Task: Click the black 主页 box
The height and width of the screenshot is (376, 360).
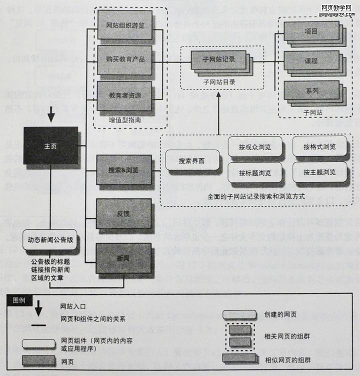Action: coord(50,145)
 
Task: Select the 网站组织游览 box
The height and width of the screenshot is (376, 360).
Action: coord(125,25)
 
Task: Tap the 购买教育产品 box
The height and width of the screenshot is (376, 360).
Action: coord(125,60)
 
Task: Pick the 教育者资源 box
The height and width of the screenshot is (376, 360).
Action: coord(125,95)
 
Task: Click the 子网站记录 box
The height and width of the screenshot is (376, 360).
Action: coord(218,60)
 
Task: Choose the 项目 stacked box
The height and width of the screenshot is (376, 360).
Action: coord(311,31)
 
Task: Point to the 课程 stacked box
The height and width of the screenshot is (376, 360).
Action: coord(311,61)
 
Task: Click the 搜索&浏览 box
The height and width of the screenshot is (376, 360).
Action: coord(123,170)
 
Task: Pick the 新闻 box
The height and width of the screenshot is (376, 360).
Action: coord(123,258)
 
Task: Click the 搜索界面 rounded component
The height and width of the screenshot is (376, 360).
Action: coord(191,162)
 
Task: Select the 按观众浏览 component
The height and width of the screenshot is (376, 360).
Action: coord(255,147)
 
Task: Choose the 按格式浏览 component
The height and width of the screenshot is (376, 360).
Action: coord(319,147)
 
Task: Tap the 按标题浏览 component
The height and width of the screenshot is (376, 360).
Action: coord(255,173)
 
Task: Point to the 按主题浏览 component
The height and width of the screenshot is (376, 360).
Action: coord(319,172)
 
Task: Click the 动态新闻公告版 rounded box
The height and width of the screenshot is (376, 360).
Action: coord(50,240)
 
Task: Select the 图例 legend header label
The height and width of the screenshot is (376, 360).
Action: coord(19,300)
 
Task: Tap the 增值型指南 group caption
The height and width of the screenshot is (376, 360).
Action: coord(124,120)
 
